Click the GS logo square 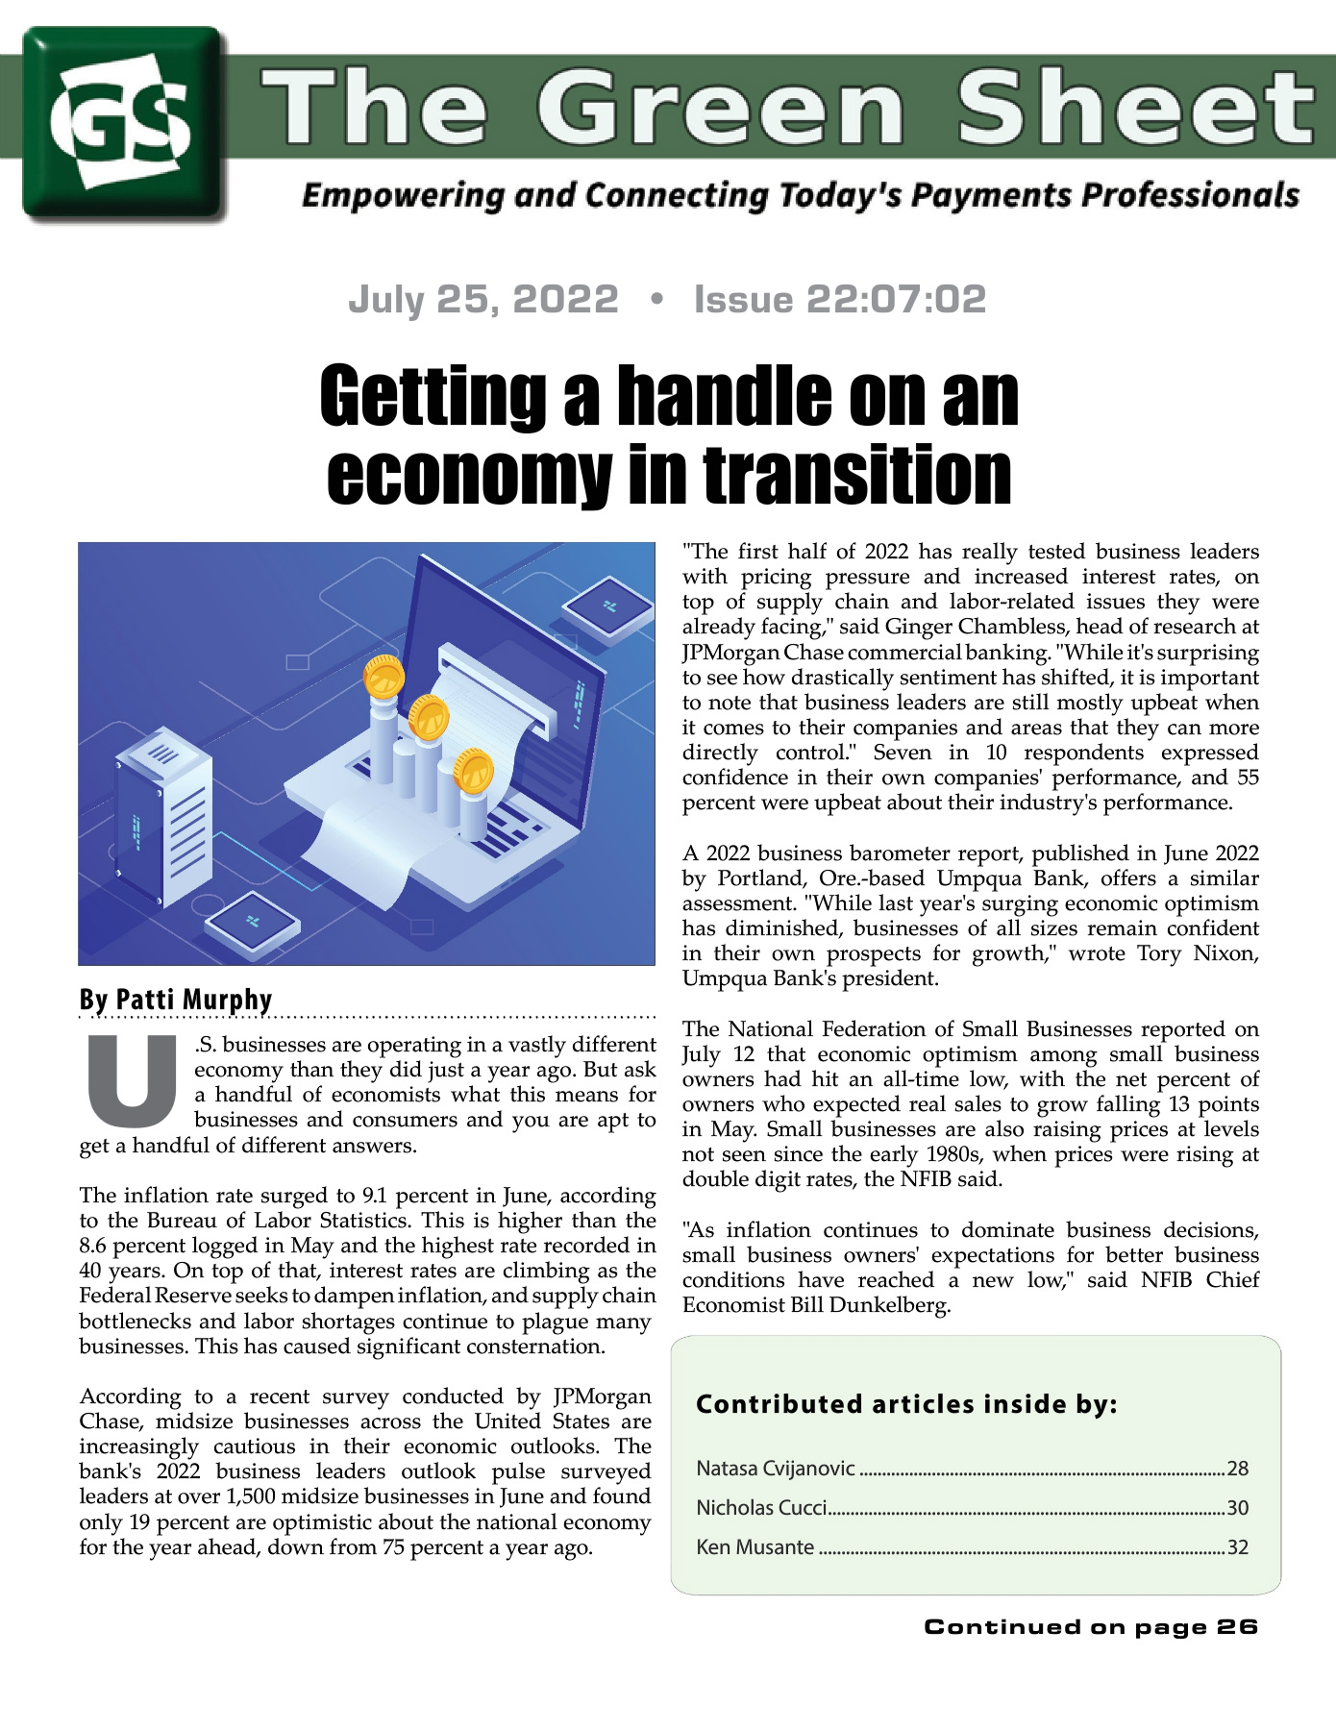125,123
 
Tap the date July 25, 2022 482,300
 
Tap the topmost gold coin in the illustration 383,677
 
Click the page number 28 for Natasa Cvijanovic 1237,1469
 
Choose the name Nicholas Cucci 761,1508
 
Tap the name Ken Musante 755,1547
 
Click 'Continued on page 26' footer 1090,1627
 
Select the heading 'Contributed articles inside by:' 906,1404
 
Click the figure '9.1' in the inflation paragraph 375,1196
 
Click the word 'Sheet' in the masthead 1135,108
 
